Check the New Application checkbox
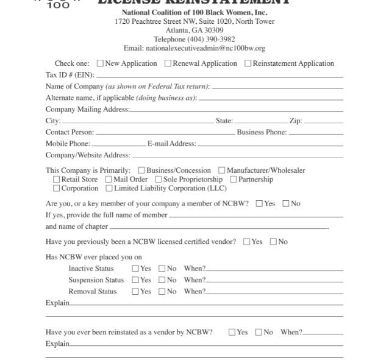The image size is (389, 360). [x=101, y=63]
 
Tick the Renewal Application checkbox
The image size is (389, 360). [x=168, y=63]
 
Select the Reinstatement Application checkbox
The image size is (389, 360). [x=248, y=63]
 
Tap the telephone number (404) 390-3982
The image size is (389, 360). [x=194, y=39]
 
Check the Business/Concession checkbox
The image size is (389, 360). [x=141, y=170]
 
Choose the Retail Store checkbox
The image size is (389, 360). [x=57, y=179]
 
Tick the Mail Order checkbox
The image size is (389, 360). [x=109, y=179]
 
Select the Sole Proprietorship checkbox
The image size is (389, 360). [x=159, y=179]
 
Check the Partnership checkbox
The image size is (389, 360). [x=234, y=179]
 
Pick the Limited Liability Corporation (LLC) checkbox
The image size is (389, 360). [x=109, y=189]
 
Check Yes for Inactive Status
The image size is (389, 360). [x=135, y=268]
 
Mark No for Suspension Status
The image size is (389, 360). [x=162, y=280]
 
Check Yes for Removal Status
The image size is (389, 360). [x=135, y=291]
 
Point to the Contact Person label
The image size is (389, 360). [x=70, y=132]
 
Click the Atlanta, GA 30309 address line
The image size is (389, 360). [x=194, y=30]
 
